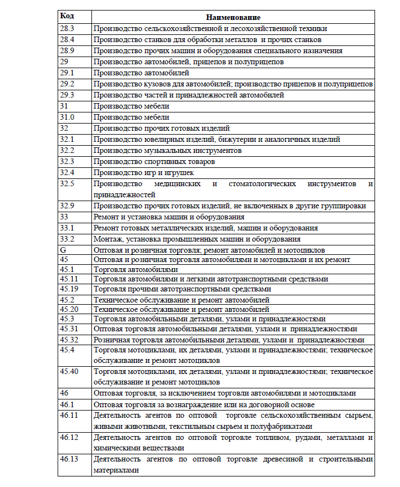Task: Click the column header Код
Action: pyautogui.click(x=66, y=17)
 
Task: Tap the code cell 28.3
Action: pyautogui.click(x=66, y=28)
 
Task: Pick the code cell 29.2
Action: pyautogui.click(x=66, y=84)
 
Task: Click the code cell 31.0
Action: pyautogui.click(x=68, y=117)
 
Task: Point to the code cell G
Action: pyautogui.click(x=63, y=250)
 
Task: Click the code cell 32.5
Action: pyautogui.click(x=66, y=183)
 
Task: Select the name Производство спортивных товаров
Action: pyautogui.click(x=154, y=161)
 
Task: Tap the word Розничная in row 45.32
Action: pyautogui.click(x=111, y=340)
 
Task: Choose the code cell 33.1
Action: pyautogui.click(x=66, y=228)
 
